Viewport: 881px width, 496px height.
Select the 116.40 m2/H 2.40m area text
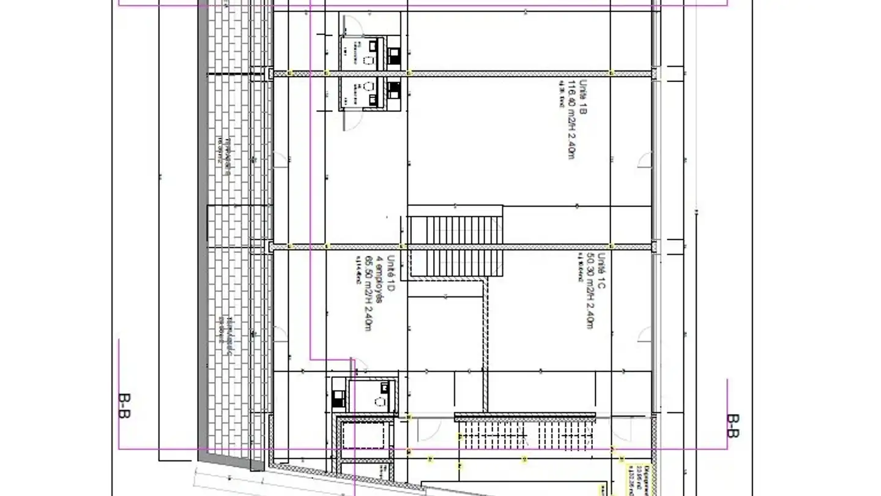point(571,119)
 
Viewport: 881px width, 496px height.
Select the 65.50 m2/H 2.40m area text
point(368,293)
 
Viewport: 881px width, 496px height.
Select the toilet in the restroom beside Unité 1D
point(380,402)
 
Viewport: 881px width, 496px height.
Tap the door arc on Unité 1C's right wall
point(644,334)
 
